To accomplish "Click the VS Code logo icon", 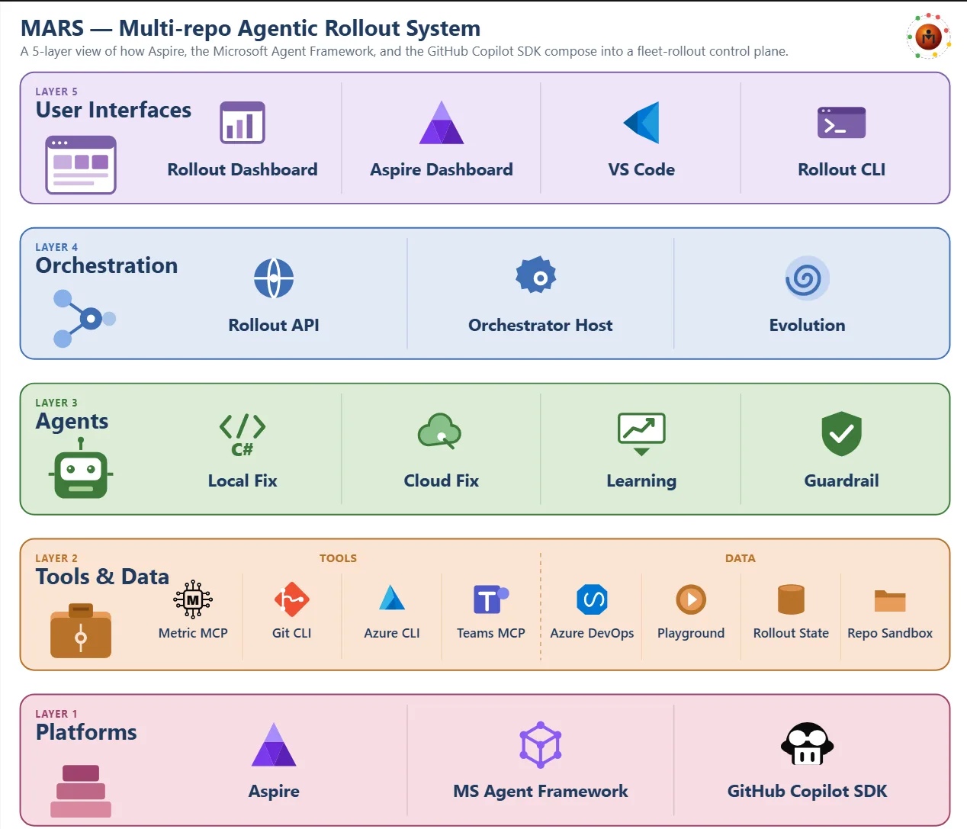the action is pyautogui.click(x=641, y=122).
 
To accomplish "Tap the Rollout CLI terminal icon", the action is pyautogui.click(x=841, y=123).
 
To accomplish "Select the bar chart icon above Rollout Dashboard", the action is pyautogui.click(x=243, y=122).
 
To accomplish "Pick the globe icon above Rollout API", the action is pyautogui.click(x=274, y=278).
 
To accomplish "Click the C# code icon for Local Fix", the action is pyautogui.click(x=243, y=435).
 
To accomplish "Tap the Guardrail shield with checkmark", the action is pyautogui.click(x=841, y=434).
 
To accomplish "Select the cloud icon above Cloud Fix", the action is pyautogui.click(x=439, y=431).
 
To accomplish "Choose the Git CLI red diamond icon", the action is pyautogui.click(x=291, y=599).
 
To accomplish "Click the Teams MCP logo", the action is pyautogui.click(x=491, y=599).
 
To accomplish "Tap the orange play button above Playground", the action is pyautogui.click(x=691, y=599).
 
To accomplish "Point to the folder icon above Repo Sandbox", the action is pyautogui.click(x=890, y=601).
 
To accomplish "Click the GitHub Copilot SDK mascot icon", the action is pyautogui.click(x=807, y=744).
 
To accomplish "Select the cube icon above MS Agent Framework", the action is pyautogui.click(x=541, y=745).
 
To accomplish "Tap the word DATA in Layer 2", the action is pyautogui.click(x=740, y=558).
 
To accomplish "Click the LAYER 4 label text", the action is pyautogui.click(x=56, y=247).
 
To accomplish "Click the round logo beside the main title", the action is pyautogui.click(x=929, y=36).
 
